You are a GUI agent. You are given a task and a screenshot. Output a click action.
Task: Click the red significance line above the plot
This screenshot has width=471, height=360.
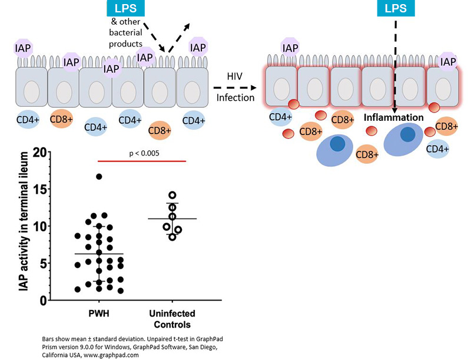[141, 160]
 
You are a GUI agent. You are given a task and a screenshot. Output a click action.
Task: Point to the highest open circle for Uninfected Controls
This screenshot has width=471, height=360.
[172, 195]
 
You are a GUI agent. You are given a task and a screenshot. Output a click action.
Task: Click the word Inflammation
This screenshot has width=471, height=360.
[393, 118]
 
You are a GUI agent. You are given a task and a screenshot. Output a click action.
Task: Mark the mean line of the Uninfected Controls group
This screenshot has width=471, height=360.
[172, 219]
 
